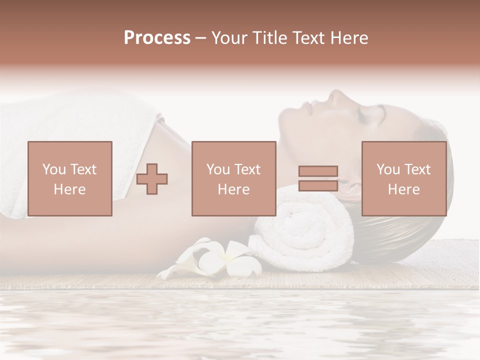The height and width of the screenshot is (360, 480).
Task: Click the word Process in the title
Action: coord(157,38)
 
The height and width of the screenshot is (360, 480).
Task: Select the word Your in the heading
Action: coord(229,38)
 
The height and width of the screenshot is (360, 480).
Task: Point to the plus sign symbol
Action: coord(152,178)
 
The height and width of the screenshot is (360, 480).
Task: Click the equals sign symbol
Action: coord(318,178)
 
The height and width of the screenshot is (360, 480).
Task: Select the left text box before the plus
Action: coord(70,178)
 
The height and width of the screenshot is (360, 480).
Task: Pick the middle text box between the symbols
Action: coord(234,178)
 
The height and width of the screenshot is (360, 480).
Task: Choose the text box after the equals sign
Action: coord(404,178)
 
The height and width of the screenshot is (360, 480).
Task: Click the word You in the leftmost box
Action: coord(53,169)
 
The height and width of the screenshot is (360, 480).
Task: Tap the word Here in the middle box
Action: coord(234,189)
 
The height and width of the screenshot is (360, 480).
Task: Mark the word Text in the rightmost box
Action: coord(417,169)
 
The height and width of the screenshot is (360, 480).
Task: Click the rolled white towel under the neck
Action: coord(295,230)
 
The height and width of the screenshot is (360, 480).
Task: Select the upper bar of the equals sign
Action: coord(318,171)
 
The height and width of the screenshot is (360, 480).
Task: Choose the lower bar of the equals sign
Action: coord(318,185)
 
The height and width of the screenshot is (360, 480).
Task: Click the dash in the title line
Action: coord(201,38)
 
